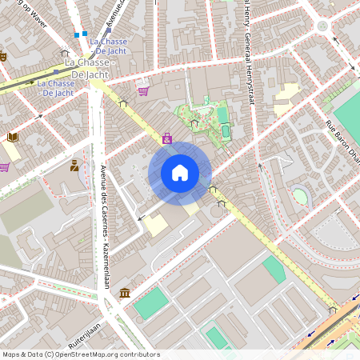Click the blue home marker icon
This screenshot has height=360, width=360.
tap(180, 173)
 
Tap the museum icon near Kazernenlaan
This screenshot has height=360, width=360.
tap(125, 294)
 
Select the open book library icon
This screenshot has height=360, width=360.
tap(12, 138)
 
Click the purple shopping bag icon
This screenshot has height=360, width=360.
tap(166, 138)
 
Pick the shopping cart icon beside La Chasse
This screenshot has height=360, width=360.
tap(143, 90)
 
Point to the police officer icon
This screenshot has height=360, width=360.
tap(74, 166)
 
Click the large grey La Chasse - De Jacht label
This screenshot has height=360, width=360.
tap(89, 67)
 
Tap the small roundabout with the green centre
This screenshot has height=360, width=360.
tap(322, 26)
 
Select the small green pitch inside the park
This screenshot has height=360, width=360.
tap(225, 129)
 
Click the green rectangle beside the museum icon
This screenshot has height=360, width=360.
tap(151, 303)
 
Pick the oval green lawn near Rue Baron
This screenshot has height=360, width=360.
tap(299, 195)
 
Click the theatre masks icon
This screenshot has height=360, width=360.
tap(2, 56)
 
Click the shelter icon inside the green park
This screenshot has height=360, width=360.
tap(194, 123)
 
